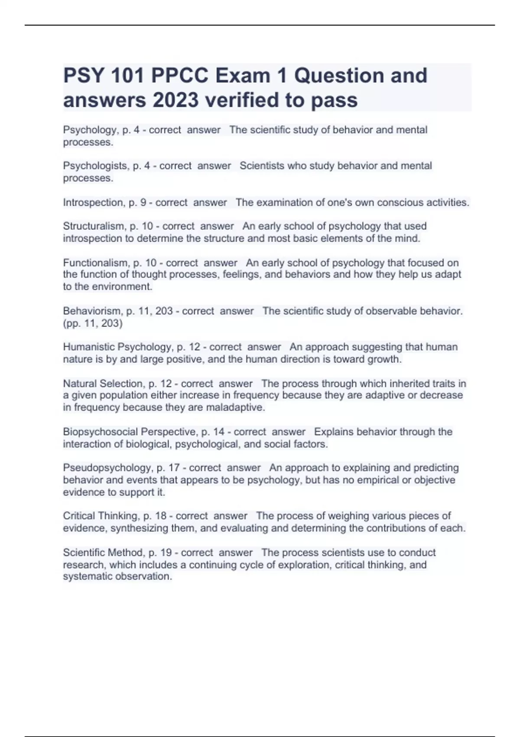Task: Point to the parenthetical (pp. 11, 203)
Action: point(93,323)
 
